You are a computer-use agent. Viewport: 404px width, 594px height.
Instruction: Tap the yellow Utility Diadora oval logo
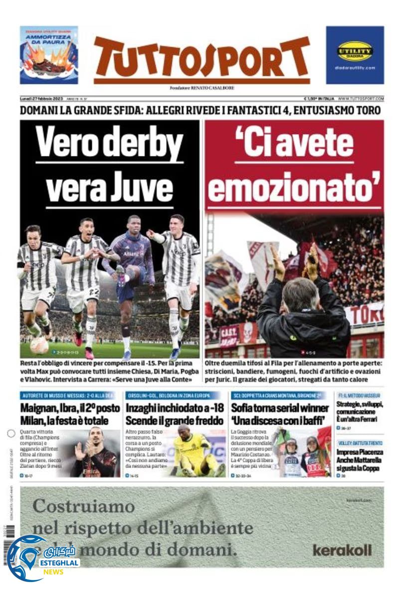355,51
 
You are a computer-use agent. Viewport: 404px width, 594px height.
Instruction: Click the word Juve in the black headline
146,186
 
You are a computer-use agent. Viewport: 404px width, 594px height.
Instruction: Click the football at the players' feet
39,345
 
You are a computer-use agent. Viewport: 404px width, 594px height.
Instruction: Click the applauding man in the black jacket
303,310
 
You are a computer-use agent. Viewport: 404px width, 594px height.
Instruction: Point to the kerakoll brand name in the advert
342,551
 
